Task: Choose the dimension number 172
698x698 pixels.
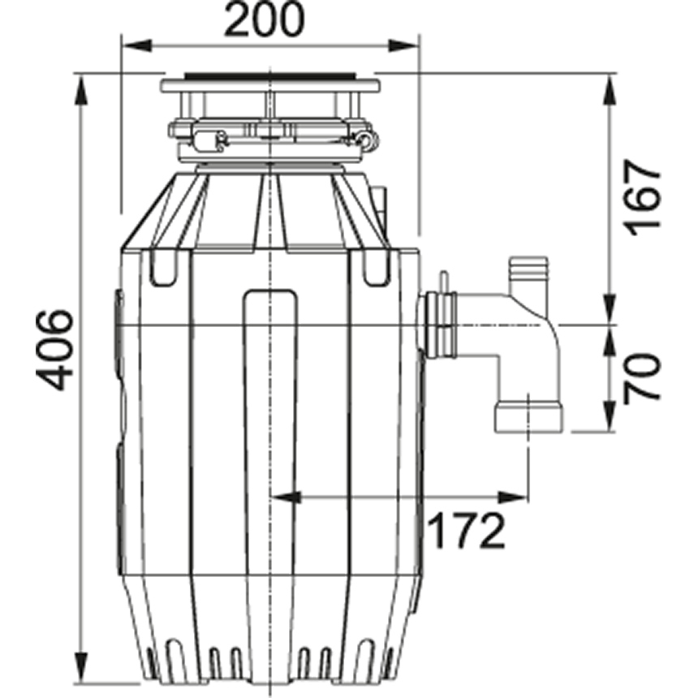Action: coord(466,532)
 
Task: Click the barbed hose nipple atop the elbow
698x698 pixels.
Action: coord(528,278)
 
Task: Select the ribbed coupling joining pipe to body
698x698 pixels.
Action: coord(439,326)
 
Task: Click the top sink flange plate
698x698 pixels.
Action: coord(269,84)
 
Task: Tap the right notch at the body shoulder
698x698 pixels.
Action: coord(376,268)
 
